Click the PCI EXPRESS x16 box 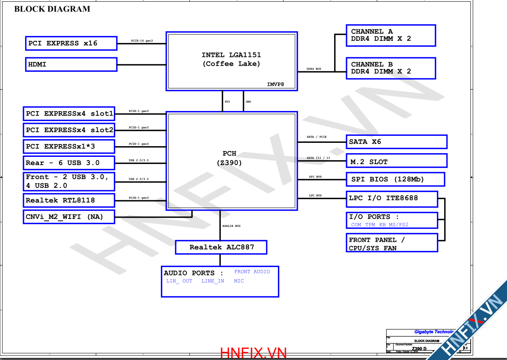coord(71,43)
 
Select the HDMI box coord(71,64)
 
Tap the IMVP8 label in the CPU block coord(276,85)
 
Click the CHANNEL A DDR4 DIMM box coord(390,36)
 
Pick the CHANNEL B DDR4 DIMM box coord(390,68)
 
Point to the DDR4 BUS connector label coord(314,69)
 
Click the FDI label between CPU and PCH coord(227,101)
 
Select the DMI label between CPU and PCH coord(248,101)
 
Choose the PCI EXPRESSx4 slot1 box coord(69,114)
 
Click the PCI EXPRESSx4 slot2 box coord(69,130)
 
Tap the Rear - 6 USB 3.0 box coord(69,163)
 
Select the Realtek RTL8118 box coord(69,201)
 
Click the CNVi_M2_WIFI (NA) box coord(69,217)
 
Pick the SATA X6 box coord(396,142)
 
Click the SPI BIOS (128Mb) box coord(395,180)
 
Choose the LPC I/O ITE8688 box coord(391,199)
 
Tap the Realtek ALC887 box coord(221,247)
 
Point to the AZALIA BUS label coord(231,226)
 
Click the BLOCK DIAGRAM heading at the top coord(52,9)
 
